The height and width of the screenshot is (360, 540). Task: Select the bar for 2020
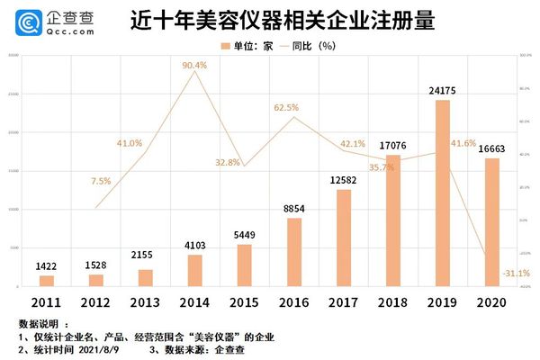click(492, 222)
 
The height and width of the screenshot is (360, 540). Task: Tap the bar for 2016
click(294, 253)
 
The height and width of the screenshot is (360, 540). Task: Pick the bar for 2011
click(47, 281)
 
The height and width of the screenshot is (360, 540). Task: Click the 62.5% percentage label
click(292, 108)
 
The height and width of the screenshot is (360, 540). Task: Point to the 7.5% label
click(101, 181)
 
